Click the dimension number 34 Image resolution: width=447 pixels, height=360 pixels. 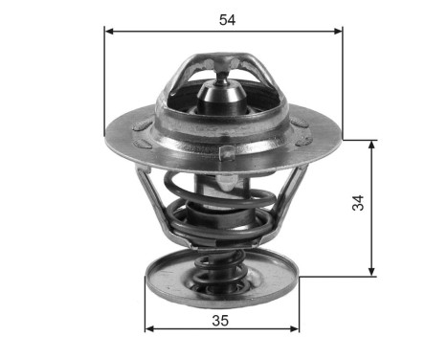357,203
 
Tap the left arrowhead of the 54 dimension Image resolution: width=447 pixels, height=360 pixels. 109,31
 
